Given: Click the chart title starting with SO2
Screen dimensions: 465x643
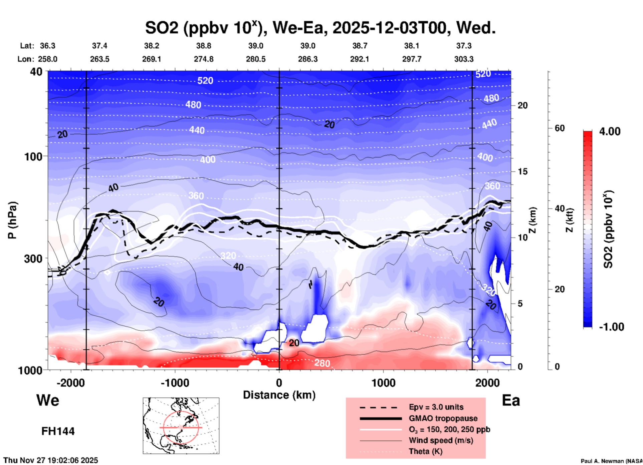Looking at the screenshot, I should pos(320,28).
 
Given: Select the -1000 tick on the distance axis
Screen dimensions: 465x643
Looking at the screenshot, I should pos(175,383).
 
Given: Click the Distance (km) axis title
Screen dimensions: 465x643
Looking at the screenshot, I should pos(279,395).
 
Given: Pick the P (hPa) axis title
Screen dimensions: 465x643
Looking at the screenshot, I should pos(12,220).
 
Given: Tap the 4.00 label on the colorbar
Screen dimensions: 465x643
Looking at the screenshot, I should pos(610,131).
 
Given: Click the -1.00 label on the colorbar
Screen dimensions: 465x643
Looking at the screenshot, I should pos(611,327).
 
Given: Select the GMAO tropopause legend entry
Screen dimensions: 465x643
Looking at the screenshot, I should pos(443,418).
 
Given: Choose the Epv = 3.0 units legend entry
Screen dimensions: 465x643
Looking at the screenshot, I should pos(436,407).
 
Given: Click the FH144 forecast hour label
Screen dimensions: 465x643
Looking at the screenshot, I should pos(58,431).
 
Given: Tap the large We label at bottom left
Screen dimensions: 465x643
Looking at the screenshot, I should pos(48,400).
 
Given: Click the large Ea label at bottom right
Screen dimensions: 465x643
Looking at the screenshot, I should pos(511,400).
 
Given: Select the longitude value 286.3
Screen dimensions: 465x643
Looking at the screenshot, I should pos(308,59).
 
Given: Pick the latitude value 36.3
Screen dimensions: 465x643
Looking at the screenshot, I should pos(47,46).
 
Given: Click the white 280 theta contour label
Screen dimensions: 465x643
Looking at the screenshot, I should pos(322,363).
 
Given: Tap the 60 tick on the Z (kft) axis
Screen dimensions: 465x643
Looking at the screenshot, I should pos(560,128).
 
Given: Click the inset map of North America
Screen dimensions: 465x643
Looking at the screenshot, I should pos(181,426).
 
